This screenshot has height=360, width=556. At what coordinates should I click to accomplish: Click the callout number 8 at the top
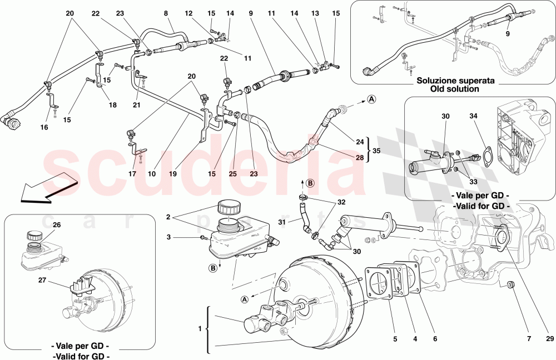click(x=166, y=13)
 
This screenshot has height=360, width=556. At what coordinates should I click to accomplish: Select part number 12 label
click(x=189, y=13)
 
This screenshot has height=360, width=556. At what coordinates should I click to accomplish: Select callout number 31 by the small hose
click(x=282, y=223)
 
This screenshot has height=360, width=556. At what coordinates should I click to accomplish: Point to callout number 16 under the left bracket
click(x=44, y=127)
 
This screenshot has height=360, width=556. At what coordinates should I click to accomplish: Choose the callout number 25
click(x=232, y=174)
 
